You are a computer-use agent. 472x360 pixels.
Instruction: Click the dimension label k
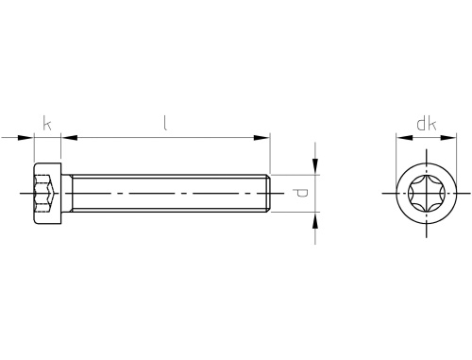click(x=47, y=123)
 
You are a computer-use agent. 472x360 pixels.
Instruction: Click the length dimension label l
click(x=165, y=123)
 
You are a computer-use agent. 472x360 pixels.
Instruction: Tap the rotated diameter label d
click(x=300, y=193)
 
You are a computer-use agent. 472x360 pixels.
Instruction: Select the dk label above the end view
click(x=427, y=125)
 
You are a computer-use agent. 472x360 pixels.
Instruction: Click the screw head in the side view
click(x=47, y=194)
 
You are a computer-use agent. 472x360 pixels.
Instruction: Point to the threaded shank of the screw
click(x=170, y=193)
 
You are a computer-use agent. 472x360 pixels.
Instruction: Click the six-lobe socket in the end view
click(x=427, y=193)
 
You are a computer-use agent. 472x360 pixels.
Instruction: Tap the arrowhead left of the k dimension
click(x=25, y=138)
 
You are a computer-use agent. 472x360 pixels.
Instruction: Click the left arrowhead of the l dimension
click(x=69, y=138)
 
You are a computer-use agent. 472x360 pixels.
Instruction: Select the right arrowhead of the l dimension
click(x=261, y=138)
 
